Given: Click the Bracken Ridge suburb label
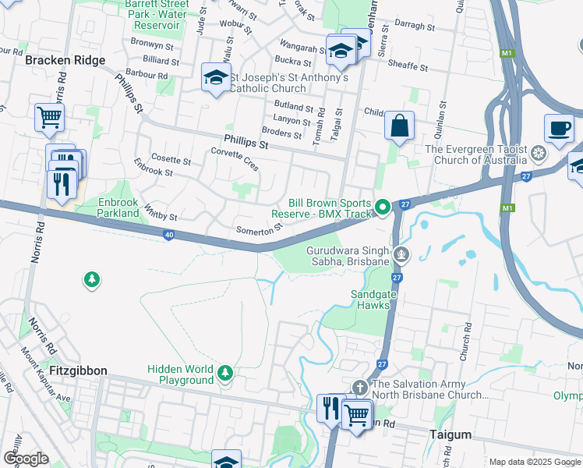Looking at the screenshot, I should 65,60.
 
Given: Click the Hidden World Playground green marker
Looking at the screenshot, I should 225,374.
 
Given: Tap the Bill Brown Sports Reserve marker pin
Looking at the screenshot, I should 382,207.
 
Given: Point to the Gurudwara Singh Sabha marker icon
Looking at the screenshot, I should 401,253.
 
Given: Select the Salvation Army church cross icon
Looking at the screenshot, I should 359,387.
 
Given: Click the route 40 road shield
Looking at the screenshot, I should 168,235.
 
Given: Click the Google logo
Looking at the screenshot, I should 26,459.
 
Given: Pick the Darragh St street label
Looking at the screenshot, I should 414,26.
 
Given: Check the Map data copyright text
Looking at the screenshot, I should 534,462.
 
